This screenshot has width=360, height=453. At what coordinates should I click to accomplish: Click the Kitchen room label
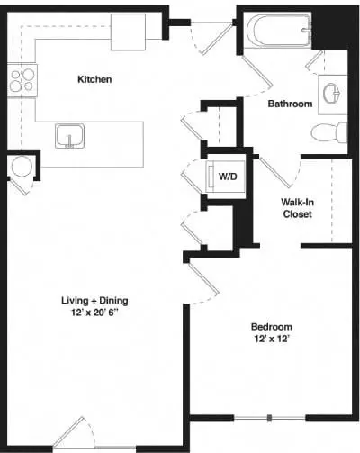click(94, 79)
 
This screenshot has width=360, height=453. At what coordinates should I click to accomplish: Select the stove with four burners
click(22, 80)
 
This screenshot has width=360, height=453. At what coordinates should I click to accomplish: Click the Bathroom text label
click(290, 104)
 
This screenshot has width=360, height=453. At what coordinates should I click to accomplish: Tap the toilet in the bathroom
click(329, 133)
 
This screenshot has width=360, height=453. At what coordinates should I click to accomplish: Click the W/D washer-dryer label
click(228, 177)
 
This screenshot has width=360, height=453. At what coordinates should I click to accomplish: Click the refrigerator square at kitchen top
click(136, 32)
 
